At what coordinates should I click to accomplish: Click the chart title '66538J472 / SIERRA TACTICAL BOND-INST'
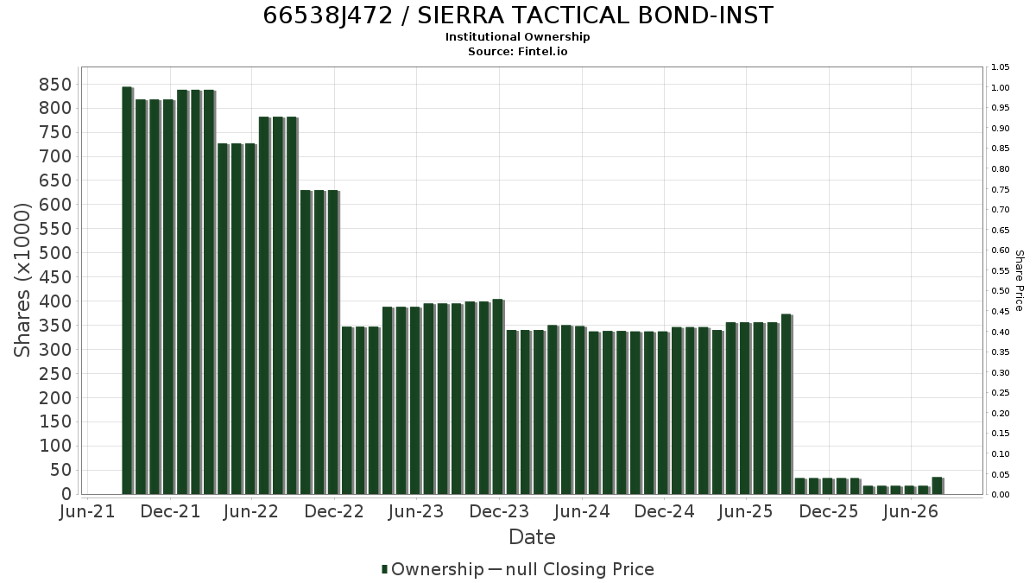[x=517, y=16]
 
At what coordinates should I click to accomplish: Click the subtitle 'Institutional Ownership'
[x=517, y=37]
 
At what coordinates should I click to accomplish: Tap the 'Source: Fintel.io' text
[x=517, y=51]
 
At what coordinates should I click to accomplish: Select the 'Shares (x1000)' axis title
[x=22, y=280]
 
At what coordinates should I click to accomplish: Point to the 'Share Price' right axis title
[x=1019, y=281]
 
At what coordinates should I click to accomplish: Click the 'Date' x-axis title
[x=532, y=537]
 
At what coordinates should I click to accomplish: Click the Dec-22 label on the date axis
[x=334, y=511]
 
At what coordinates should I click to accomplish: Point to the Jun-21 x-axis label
[x=87, y=511]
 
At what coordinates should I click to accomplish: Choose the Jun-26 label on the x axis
[x=910, y=511]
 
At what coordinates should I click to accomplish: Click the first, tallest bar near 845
[x=128, y=290]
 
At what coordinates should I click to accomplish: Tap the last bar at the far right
[x=938, y=485]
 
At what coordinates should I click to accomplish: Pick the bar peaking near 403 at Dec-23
[x=498, y=397]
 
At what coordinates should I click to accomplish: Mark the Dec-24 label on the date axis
[x=664, y=511]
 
